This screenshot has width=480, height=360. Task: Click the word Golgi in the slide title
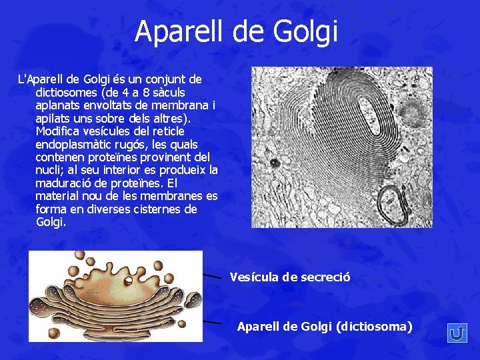pyautogui.click(x=311, y=31)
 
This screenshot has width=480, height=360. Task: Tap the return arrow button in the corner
pyautogui.click(x=457, y=333)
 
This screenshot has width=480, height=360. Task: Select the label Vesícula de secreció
pyautogui.click(x=290, y=277)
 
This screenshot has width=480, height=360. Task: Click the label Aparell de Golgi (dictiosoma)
pyautogui.click(x=325, y=326)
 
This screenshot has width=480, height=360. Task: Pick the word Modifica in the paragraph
pyautogui.click(x=57, y=131)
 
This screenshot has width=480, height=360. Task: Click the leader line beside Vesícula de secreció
pyautogui.click(x=212, y=275)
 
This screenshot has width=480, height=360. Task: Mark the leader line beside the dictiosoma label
pyautogui.click(x=211, y=322)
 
